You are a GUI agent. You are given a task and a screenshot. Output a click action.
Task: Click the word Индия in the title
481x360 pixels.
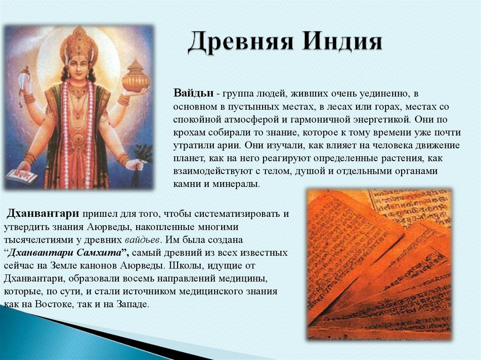(342, 42)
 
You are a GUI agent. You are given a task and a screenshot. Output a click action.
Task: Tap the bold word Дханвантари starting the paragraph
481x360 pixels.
(42, 214)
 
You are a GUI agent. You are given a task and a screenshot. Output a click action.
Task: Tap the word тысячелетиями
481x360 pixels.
(34, 240)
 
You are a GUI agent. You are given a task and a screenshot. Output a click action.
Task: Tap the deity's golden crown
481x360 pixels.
(78, 45)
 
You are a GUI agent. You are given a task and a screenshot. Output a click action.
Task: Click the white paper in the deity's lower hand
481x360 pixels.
(22, 175)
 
